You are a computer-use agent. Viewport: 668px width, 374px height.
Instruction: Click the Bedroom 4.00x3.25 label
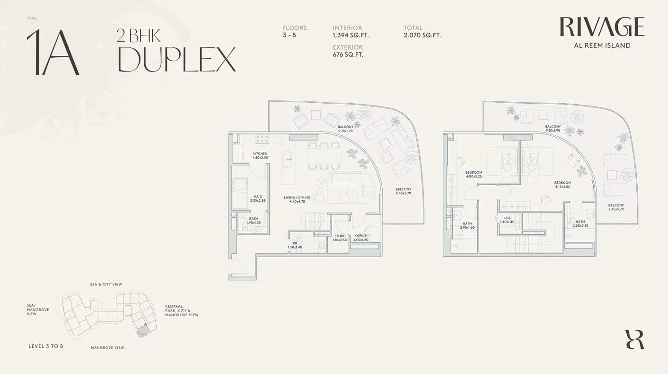(x=474, y=174)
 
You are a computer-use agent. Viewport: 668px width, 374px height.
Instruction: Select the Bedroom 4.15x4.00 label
(x=563, y=185)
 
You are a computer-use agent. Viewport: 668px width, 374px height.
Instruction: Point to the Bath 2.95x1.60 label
(x=467, y=225)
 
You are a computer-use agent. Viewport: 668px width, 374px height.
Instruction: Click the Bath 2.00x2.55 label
(x=580, y=223)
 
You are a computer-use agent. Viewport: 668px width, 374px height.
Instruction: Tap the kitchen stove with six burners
(x=262, y=140)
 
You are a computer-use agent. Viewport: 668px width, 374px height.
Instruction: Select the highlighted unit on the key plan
(x=143, y=331)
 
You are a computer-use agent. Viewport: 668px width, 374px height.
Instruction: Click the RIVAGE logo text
(x=602, y=27)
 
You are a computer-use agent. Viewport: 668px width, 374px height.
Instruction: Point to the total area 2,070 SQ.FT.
(x=422, y=35)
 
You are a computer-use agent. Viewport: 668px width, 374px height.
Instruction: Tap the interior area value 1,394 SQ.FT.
(x=351, y=35)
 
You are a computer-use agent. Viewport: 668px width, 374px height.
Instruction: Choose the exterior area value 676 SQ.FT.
(x=348, y=54)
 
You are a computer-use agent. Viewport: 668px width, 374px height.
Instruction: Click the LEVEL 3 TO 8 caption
(x=46, y=346)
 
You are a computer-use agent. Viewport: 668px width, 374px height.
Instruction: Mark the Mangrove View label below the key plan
(x=107, y=347)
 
